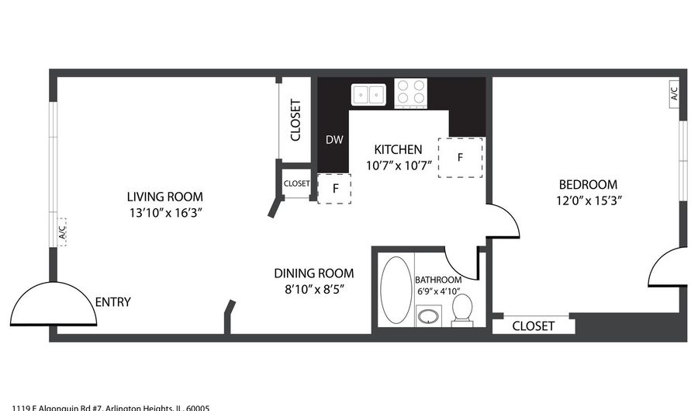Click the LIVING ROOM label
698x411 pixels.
pyautogui.click(x=165, y=197)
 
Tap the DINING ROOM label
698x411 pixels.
pyautogui.click(x=313, y=273)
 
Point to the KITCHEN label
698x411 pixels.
pyautogui.click(x=398, y=149)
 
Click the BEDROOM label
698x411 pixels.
pyautogui.click(x=588, y=184)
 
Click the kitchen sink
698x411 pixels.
pyautogui.click(x=370, y=95)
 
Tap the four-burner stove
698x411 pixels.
pyautogui.click(x=412, y=93)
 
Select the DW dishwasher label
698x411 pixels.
pyautogui.click(x=333, y=140)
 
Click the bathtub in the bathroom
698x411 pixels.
pyautogui.click(x=396, y=290)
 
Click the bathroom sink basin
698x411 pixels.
pyautogui.click(x=427, y=316)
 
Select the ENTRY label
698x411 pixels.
pyautogui.click(x=112, y=302)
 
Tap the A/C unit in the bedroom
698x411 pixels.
pyautogui.click(x=673, y=94)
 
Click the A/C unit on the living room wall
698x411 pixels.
pyautogui.click(x=61, y=231)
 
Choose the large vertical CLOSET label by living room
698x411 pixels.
pyautogui.click(x=295, y=120)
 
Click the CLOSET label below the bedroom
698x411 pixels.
pyautogui.click(x=534, y=326)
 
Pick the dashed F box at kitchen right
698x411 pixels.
pyautogui.click(x=460, y=157)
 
